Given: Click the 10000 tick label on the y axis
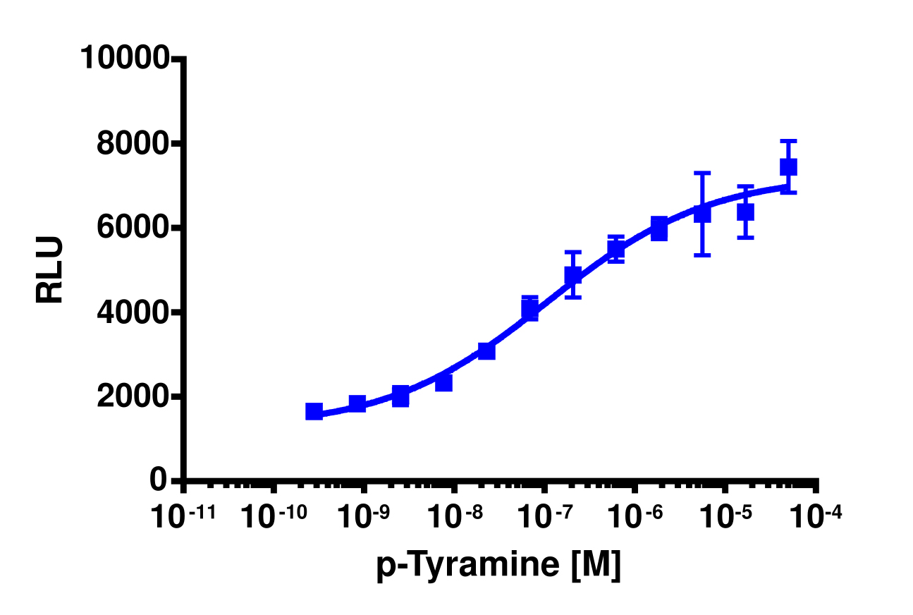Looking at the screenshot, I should coord(124,58).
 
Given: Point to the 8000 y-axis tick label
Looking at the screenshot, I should coord(133,144).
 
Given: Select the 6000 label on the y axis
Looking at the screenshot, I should coord(133,228).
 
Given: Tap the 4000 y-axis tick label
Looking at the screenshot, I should coord(133,312).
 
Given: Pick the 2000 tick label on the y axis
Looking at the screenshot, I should coord(133,396).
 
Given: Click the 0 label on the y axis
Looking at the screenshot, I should coord(159,480).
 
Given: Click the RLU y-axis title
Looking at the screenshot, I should coord(50,270).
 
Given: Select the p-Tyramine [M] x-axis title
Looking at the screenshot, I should coord(498,566).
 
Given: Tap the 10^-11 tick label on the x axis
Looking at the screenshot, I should coord(183,518).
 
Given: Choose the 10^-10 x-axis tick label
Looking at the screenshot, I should coord(274,518).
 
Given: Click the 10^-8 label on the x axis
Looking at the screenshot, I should coord(455,518).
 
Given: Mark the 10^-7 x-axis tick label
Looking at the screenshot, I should coord(546,518).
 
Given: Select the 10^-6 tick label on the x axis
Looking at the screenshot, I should coord(636,518).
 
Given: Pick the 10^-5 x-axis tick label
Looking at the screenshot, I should coord(727,518).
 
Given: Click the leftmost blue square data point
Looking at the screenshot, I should coord(314,412).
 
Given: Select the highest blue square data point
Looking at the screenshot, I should coord(788,167).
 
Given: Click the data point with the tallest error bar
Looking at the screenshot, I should coord(702,213).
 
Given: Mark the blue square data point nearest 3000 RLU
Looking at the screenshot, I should coord(486,351).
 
